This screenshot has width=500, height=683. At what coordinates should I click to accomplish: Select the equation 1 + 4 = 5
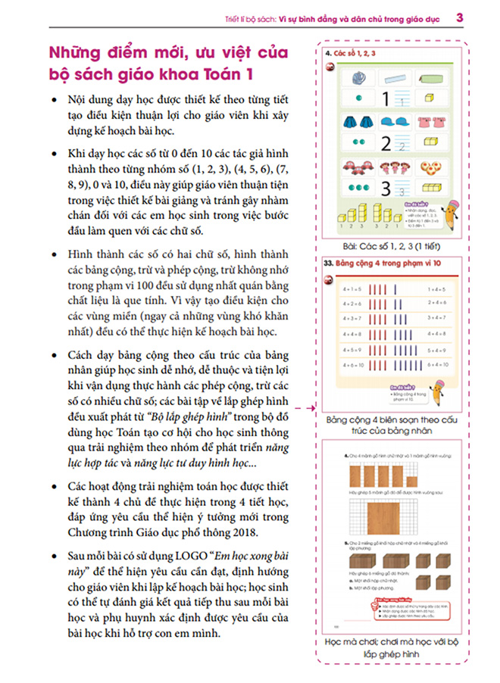click(440, 289)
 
